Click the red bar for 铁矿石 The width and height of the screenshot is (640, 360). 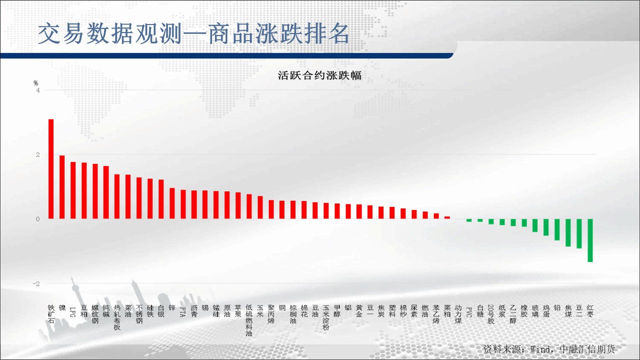pos(51,169)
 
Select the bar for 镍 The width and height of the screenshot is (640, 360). pos(62,187)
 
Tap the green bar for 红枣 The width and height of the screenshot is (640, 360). pos(590,240)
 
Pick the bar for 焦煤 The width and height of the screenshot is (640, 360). pos(568,232)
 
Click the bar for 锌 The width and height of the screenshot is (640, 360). pos(172,203)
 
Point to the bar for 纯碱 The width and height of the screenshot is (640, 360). pos(106,192)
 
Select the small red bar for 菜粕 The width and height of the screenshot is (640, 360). pos(447,217)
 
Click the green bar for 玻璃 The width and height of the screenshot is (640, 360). pos(535,225)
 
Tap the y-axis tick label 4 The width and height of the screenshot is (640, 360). pos(38,90)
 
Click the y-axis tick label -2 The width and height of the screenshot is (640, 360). pos(36,283)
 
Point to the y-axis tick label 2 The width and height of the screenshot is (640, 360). pos(38,155)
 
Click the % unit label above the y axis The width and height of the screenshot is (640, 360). pos(35,83)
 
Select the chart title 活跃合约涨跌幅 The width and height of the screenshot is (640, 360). pos(319,75)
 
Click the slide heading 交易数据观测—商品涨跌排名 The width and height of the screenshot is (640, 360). pos(193,34)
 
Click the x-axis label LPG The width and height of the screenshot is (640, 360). pos(73,312)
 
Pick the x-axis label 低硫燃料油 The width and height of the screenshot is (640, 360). pos(249,320)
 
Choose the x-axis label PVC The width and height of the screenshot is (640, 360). pos(469,312)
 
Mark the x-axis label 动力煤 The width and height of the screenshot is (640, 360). pos(458,314)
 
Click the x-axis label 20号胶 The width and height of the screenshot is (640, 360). pos(491,314)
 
